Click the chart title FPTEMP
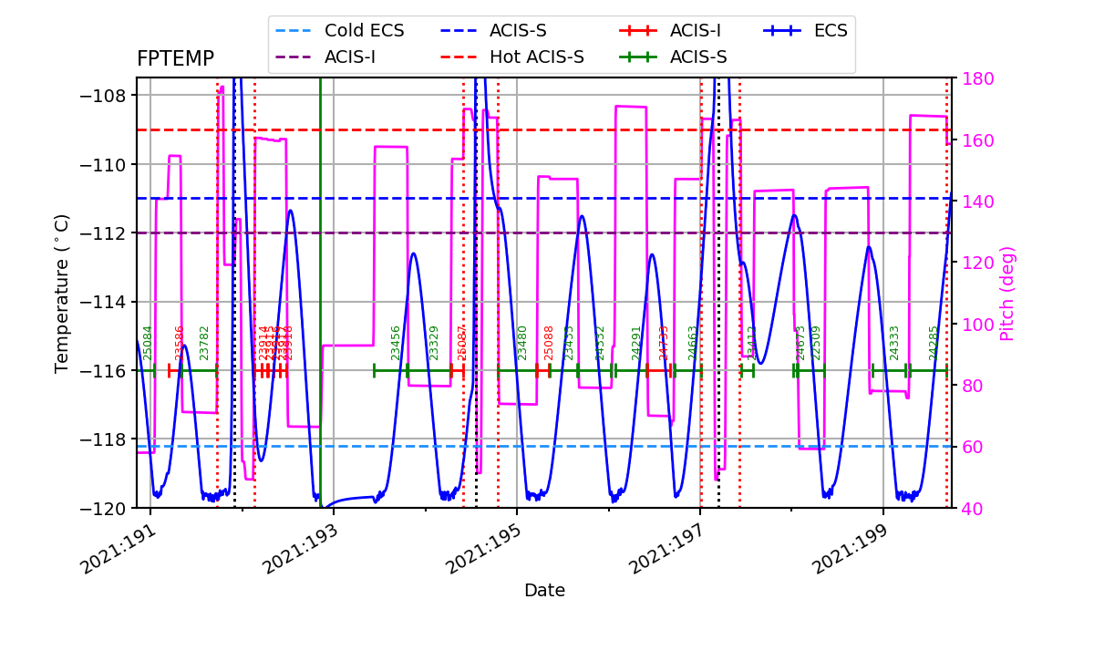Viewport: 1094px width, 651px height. (x=175, y=59)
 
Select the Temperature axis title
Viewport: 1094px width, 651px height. (x=62, y=293)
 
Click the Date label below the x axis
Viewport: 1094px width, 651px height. (x=544, y=591)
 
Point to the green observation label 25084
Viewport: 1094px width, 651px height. (x=148, y=343)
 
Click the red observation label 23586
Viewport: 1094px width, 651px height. (x=180, y=343)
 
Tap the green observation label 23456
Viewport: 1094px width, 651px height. (x=396, y=343)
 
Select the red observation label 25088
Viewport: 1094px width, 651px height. (x=549, y=343)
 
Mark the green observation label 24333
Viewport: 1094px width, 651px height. (x=894, y=343)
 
